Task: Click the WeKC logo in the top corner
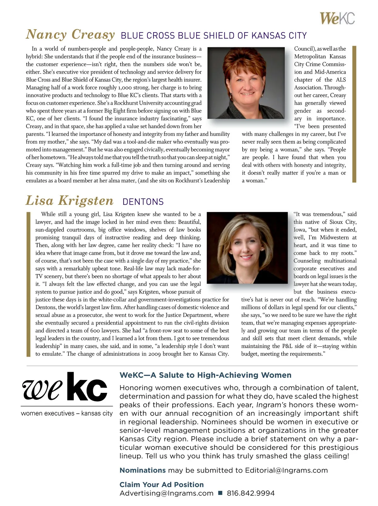pos(337,18)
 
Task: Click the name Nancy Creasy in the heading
pos(70,34)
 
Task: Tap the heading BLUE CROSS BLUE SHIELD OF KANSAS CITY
pos(214,36)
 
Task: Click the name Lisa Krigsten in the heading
pos(69,201)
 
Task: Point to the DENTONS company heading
pos(143,202)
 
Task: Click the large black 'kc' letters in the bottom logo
pos(87,387)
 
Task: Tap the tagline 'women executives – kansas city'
pos(67,413)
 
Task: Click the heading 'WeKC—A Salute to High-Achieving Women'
pos(205,375)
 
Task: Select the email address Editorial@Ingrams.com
pos(286,470)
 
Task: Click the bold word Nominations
pos(142,470)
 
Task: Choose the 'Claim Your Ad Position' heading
pos(162,485)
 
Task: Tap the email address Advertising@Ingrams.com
pos(166,493)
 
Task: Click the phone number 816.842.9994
pos(251,493)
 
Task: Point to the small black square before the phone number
pos(220,493)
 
